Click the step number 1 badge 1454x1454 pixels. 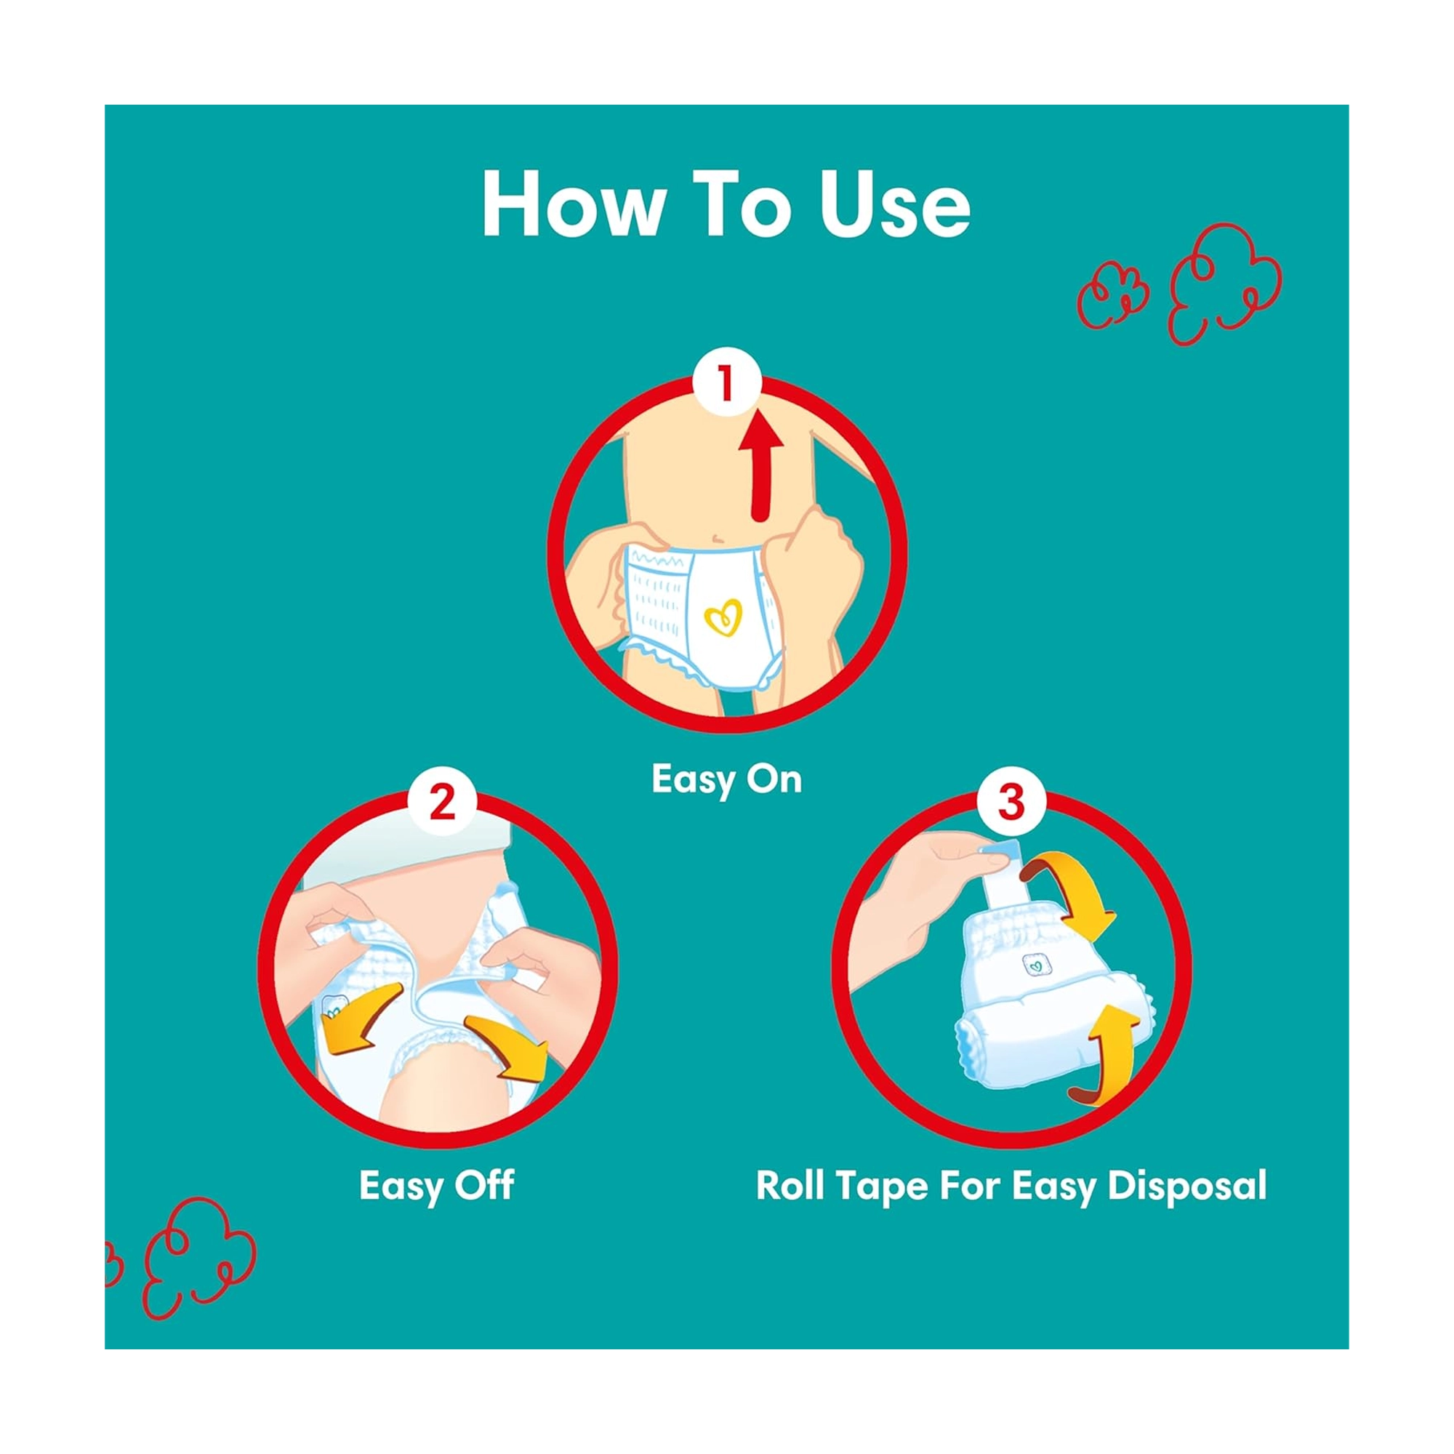(x=726, y=383)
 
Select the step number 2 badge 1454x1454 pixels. (x=443, y=803)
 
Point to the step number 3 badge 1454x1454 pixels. (x=1011, y=803)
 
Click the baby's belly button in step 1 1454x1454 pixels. (x=719, y=537)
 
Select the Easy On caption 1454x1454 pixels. (x=727, y=779)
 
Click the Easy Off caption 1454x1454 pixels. (x=436, y=1185)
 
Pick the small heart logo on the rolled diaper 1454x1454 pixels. (x=1036, y=964)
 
